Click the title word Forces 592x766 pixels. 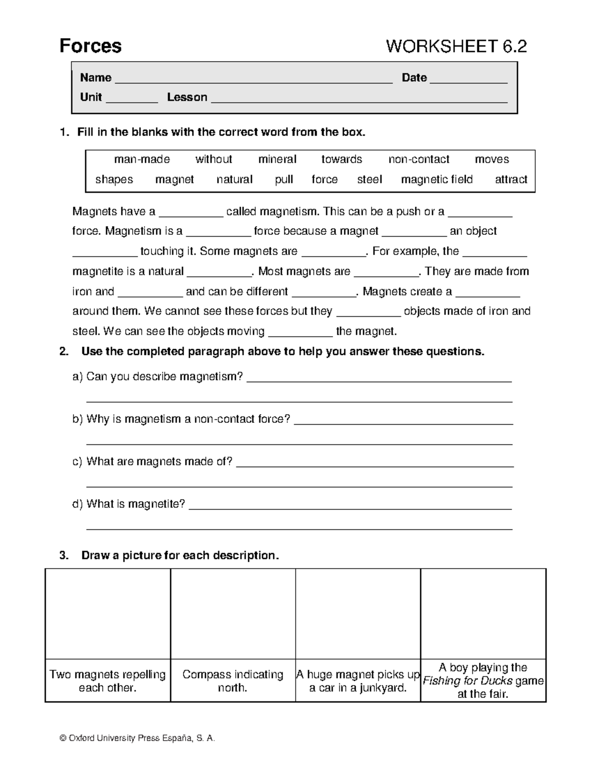click(90, 46)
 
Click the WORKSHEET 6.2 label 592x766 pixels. click(456, 47)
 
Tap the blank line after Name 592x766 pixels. click(253, 79)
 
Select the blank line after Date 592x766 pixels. click(468, 79)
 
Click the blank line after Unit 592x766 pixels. click(132, 98)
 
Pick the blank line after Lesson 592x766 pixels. click(359, 98)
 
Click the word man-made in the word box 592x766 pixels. click(142, 159)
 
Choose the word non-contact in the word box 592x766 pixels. click(418, 159)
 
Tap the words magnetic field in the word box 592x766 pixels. click(437, 180)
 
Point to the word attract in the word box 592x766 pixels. click(511, 180)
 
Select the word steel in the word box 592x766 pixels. click(369, 180)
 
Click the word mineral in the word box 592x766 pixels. click(277, 159)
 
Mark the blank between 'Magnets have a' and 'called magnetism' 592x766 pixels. click(191, 213)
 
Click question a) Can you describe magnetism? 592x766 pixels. click(158, 377)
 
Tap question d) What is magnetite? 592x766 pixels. click(129, 504)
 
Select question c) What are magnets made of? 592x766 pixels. click(152, 462)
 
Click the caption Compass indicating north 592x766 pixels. click(232, 681)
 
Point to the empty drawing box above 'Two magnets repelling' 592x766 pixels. click(108, 614)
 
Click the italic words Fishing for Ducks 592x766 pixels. click(468, 681)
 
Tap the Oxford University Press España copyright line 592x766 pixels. click(137, 738)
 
